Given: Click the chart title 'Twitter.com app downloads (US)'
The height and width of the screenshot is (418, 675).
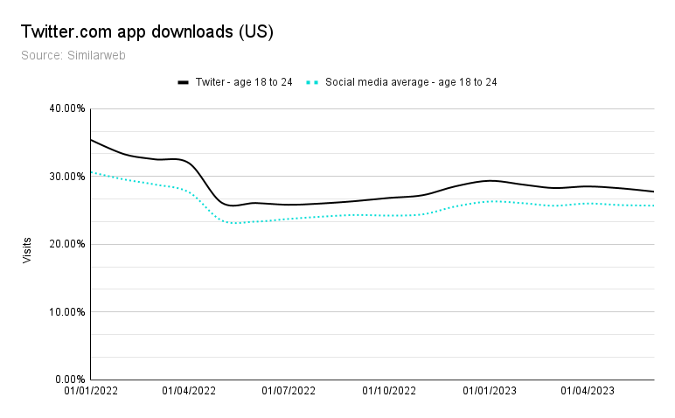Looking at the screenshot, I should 147,32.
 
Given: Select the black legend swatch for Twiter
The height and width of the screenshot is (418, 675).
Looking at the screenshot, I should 184,82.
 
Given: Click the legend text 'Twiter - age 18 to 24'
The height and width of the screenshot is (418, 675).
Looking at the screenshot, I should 244,82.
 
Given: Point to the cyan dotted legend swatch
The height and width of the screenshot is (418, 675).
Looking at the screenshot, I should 311,82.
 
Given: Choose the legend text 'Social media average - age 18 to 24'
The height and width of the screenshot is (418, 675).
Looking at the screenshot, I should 411,82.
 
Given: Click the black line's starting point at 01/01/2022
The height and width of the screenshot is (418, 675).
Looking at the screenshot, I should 91,140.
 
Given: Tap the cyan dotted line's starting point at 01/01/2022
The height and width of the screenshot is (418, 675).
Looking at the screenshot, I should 91,172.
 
